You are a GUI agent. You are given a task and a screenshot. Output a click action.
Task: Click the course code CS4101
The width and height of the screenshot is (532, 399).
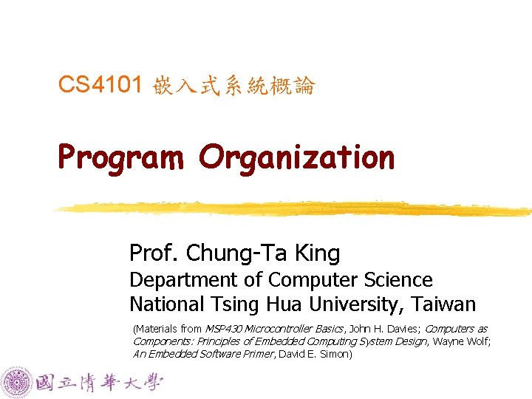(x=100, y=86)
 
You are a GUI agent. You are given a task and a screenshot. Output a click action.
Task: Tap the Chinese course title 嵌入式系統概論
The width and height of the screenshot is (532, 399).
(x=234, y=87)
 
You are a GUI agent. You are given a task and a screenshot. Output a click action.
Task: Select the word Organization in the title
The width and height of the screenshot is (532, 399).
(x=296, y=157)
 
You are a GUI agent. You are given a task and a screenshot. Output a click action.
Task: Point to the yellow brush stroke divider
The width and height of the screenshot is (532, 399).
(x=288, y=208)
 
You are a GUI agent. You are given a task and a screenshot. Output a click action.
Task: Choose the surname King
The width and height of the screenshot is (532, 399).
(x=317, y=253)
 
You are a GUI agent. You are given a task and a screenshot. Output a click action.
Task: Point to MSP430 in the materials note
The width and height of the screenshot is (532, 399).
(x=220, y=328)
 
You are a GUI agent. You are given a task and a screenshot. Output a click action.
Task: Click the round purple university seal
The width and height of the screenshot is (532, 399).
(x=18, y=382)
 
